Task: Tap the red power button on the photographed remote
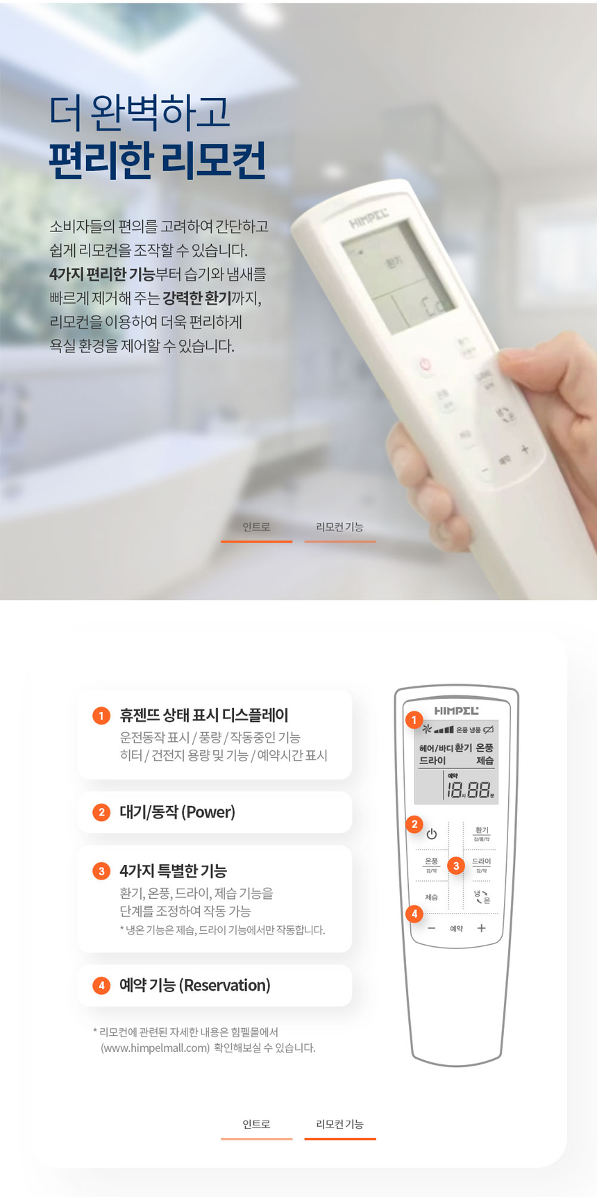(425, 364)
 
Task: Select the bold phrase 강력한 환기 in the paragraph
(196, 298)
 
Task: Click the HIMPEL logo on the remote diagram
(456, 711)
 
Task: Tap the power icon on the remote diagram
(432, 834)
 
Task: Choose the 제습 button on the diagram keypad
(432, 897)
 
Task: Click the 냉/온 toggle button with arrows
(481, 897)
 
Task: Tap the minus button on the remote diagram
(432, 929)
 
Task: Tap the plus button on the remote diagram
(481, 928)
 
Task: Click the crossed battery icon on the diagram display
(488, 729)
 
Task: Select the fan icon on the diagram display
(428, 729)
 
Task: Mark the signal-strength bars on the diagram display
(444, 729)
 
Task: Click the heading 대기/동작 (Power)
(177, 812)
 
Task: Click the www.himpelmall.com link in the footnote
(155, 1048)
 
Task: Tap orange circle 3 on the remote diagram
(456, 866)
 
